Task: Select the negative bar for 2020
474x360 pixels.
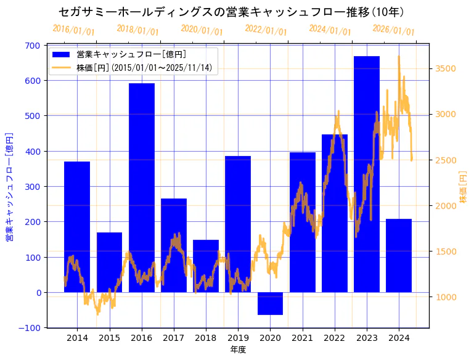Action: (270, 303)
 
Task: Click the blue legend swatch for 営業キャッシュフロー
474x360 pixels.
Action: (62, 55)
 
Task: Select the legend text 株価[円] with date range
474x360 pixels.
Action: (145, 68)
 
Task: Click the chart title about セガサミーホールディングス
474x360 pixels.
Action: (231, 12)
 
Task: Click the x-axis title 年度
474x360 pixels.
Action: (238, 350)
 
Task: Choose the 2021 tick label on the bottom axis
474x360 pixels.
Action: (302, 338)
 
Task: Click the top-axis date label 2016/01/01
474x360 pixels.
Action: (73, 30)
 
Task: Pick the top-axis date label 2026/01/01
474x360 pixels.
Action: (394, 30)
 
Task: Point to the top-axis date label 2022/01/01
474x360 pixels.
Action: (266, 30)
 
